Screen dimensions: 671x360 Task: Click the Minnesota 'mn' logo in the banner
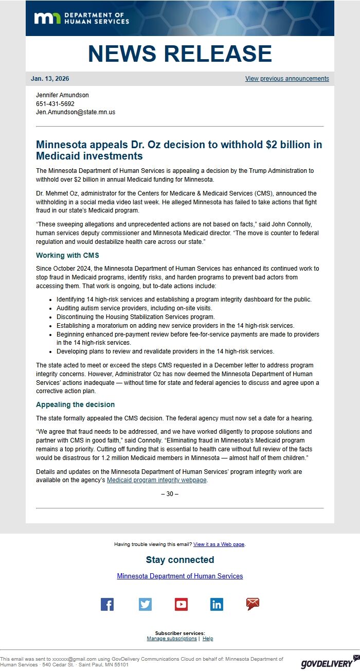(x=48, y=19)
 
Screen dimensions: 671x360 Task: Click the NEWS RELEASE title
(x=180, y=54)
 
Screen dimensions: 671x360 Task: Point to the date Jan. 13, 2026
(x=50, y=79)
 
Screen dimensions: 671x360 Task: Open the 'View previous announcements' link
(x=287, y=79)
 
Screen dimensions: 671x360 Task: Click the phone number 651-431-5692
(x=55, y=103)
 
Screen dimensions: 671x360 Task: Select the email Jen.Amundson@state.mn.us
(x=76, y=112)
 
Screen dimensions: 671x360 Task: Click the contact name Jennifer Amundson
(x=62, y=95)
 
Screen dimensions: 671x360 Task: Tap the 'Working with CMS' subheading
(x=67, y=255)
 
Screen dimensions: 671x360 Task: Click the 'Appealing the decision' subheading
(x=75, y=404)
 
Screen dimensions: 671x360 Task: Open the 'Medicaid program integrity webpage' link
(x=157, y=480)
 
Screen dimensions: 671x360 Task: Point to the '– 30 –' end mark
(x=170, y=494)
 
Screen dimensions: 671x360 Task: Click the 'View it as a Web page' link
(x=219, y=544)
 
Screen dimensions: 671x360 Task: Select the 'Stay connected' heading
(x=180, y=560)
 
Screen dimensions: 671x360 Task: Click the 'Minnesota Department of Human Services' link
(x=180, y=576)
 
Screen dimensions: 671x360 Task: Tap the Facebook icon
(x=107, y=605)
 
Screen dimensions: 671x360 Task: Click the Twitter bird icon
(x=145, y=605)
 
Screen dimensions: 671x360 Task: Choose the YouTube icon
(x=181, y=605)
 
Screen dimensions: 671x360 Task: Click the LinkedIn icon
(x=217, y=605)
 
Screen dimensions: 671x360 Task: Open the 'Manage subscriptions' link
(x=172, y=639)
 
